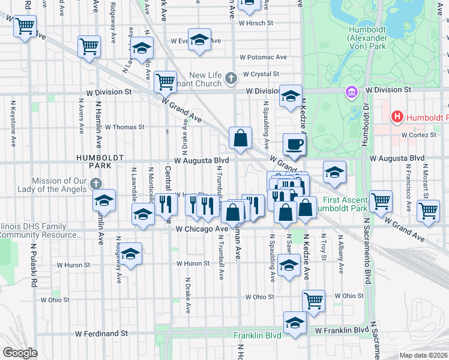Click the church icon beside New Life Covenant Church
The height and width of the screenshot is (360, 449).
click(231, 78)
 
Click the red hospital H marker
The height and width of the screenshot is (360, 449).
click(397, 116)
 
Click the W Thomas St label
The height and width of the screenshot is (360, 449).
click(125, 127)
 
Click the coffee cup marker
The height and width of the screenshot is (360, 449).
click(294, 144)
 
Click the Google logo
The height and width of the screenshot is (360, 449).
click(20, 353)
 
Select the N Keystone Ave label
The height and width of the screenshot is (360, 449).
click(13, 124)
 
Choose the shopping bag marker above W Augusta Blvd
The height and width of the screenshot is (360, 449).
click(240, 138)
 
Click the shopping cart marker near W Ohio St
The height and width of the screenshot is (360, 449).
click(313, 300)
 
